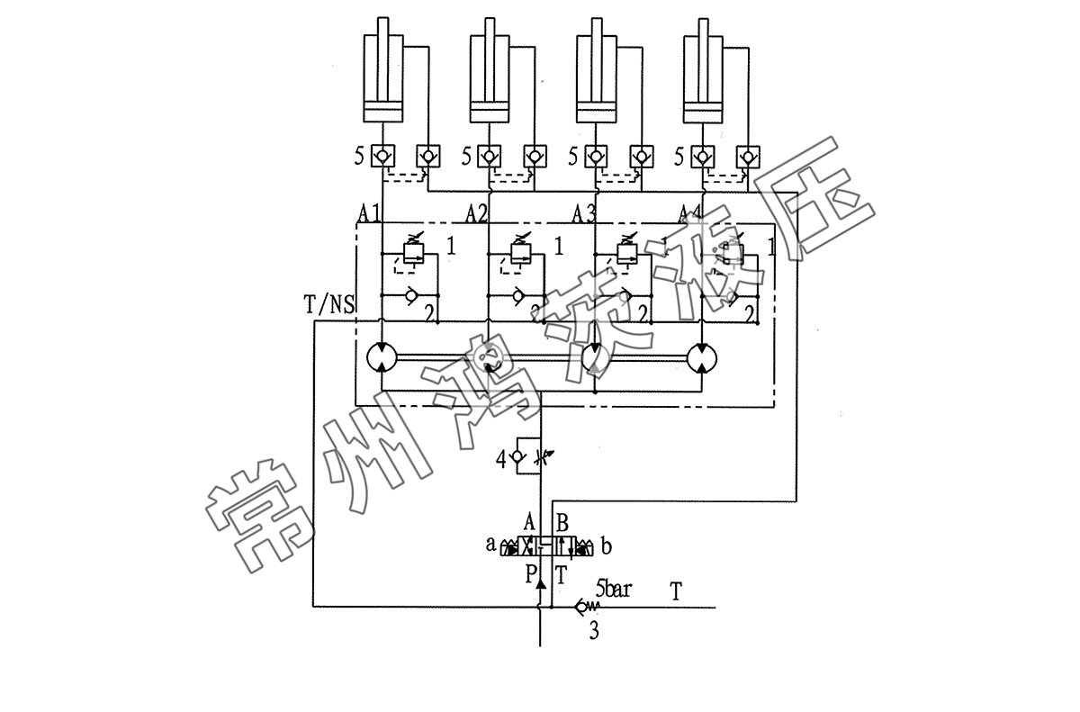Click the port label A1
369,214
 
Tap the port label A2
477,214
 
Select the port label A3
584,214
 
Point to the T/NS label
329,305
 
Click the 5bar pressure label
614,590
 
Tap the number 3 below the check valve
593,631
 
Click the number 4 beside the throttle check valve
501,459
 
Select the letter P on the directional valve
531,572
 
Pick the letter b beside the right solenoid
606,545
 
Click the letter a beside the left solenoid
490,545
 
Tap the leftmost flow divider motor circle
382,357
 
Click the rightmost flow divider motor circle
702,357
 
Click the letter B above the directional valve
562,522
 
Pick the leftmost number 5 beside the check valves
359,157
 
